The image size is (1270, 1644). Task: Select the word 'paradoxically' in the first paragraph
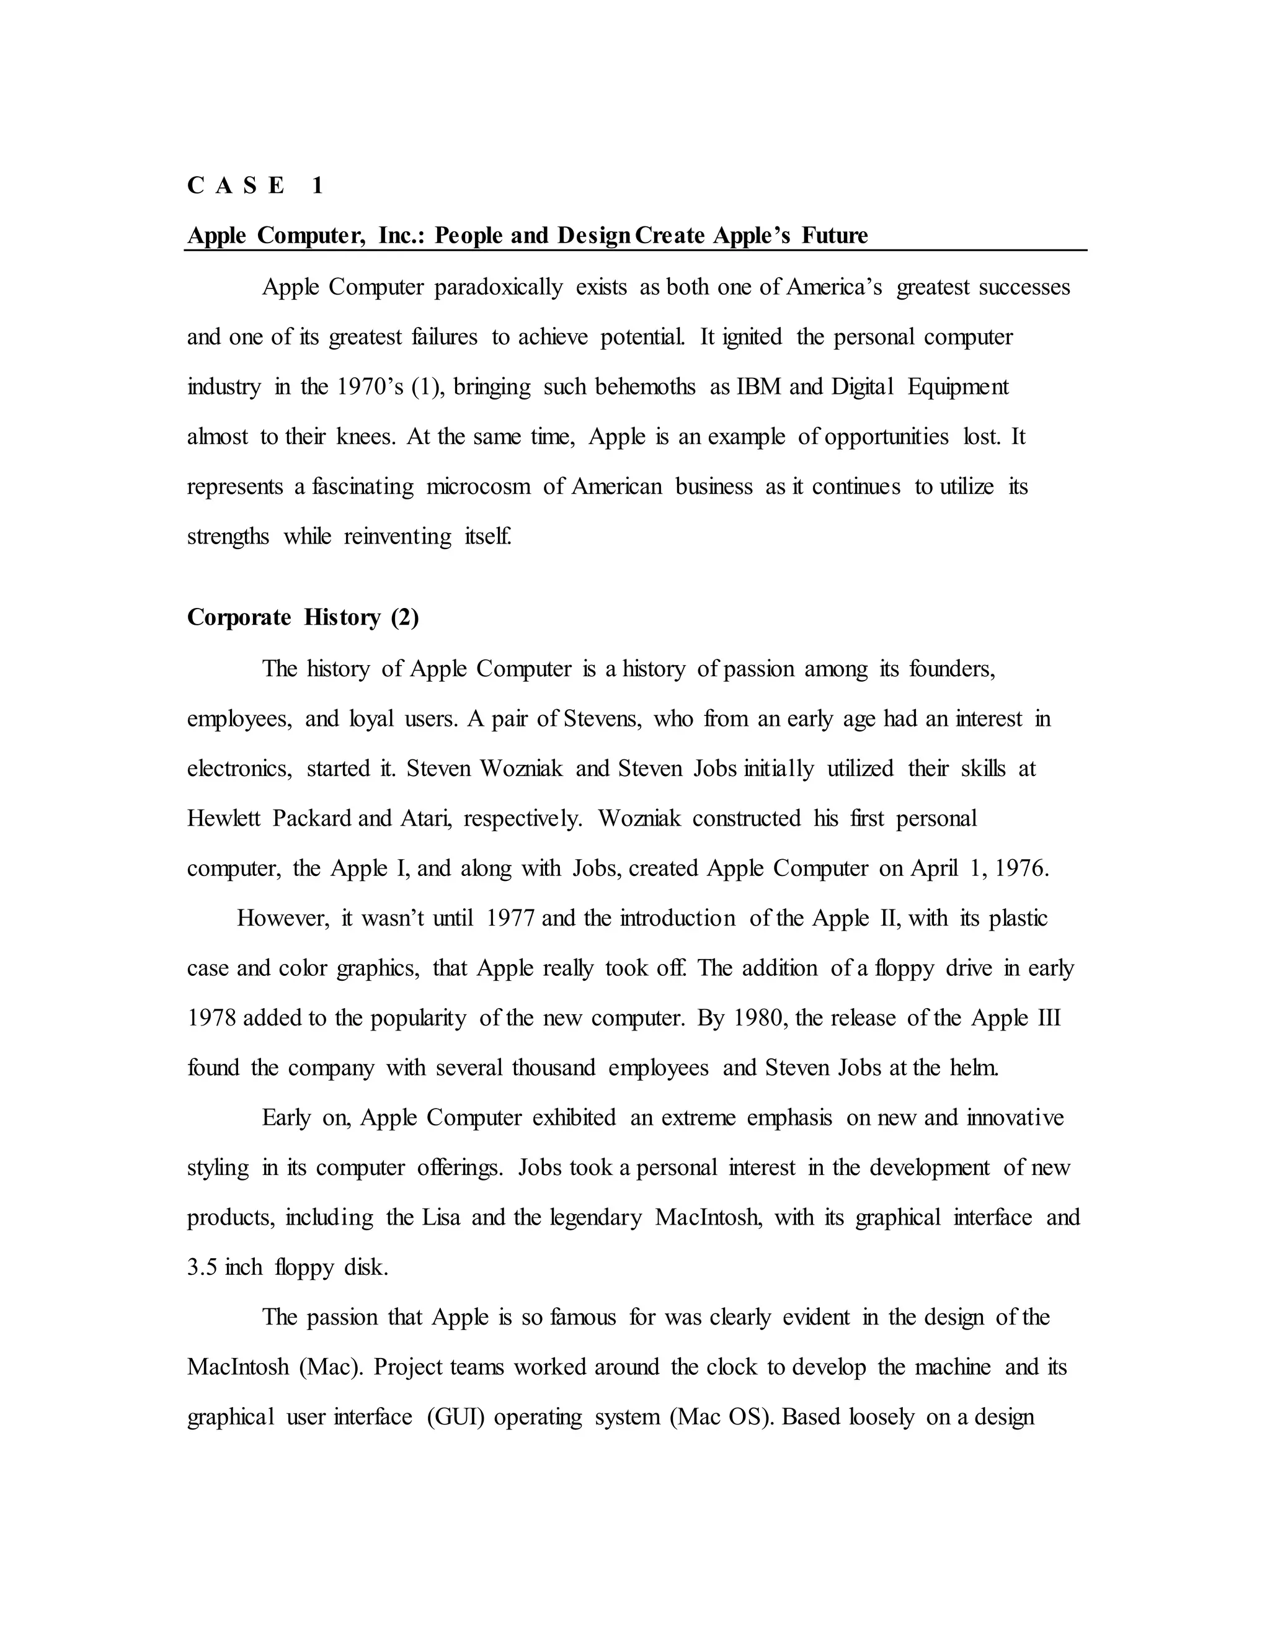[x=498, y=288]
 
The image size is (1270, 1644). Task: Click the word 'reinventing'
[x=397, y=537]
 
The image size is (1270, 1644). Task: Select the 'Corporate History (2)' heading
[x=303, y=617]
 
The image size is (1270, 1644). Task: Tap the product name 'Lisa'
[x=440, y=1218]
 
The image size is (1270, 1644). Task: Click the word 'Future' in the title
[x=835, y=236]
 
